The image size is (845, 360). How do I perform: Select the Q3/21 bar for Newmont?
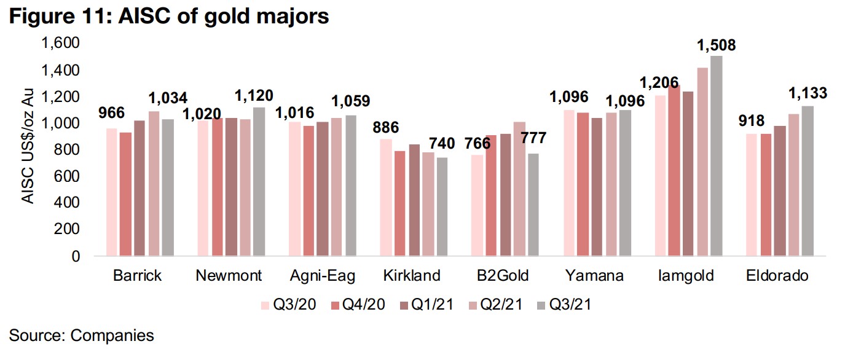259,181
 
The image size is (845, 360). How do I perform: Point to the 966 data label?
112,112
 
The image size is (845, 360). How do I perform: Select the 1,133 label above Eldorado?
806,93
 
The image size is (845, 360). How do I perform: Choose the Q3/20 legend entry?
289,305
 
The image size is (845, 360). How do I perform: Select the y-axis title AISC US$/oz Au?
29,149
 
